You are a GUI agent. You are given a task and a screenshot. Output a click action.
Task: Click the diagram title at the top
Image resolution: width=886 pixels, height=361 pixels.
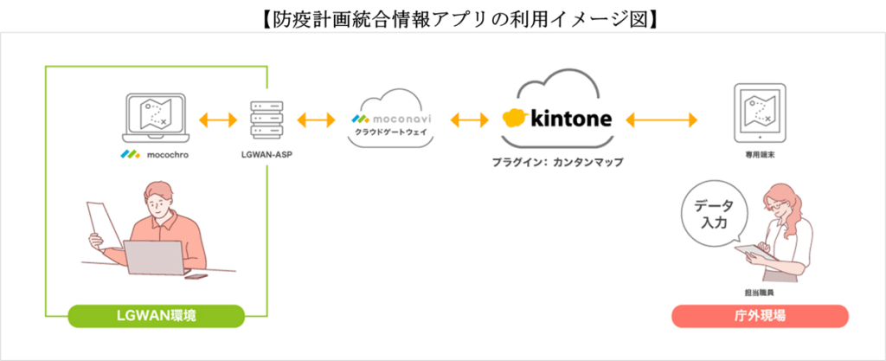point(443,16)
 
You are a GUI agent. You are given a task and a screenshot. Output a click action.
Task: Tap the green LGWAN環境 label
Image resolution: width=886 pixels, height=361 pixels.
point(155,316)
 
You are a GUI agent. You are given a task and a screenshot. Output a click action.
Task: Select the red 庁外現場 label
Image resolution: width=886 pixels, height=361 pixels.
point(760,316)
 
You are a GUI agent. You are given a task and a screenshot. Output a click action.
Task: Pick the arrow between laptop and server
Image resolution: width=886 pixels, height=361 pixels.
point(217,119)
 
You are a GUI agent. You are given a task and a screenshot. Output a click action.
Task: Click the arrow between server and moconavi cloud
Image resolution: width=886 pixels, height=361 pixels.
point(316,119)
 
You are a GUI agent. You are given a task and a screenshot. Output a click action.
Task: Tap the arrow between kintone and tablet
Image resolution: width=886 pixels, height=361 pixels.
point(663,119)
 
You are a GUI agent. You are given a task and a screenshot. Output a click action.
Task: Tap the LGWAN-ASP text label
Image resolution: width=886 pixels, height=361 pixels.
point(266,158)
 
